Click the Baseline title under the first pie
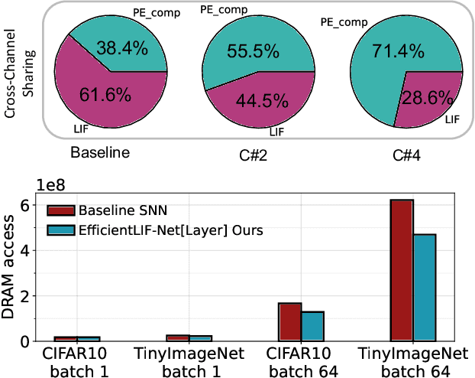pyautogui.click(x=100, y=152)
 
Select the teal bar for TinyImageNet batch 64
pyautogui.click(x=425, y=288)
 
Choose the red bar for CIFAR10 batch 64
pyautogui.click(x=290, y=321)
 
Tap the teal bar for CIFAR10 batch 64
pyautogui.click(x=312, y=326)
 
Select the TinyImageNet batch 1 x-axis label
pyautogui.click(x=190, y=362)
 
